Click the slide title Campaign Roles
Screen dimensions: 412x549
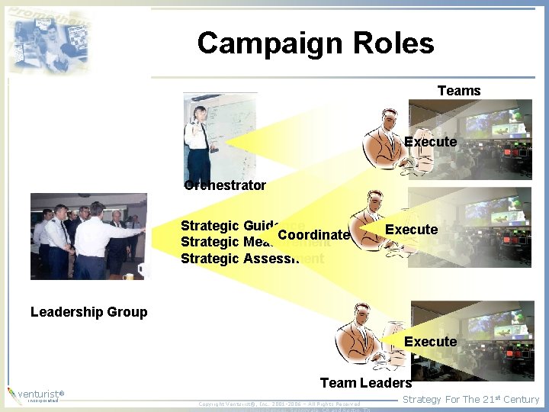[315, 43]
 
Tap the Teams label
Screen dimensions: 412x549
[459, 91]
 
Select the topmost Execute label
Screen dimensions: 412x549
[430, 142]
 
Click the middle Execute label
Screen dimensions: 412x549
[411, 230]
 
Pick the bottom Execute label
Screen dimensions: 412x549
[430, 341]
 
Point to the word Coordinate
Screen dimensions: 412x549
[313, 235]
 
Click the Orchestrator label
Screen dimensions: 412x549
[226, 185]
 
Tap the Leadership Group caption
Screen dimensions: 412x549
[88, 311]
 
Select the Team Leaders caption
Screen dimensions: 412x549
[365, 383]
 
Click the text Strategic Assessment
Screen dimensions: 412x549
[252, 259]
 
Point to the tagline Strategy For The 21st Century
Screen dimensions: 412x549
[470, 399]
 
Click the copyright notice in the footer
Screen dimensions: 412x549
[279, 404]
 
